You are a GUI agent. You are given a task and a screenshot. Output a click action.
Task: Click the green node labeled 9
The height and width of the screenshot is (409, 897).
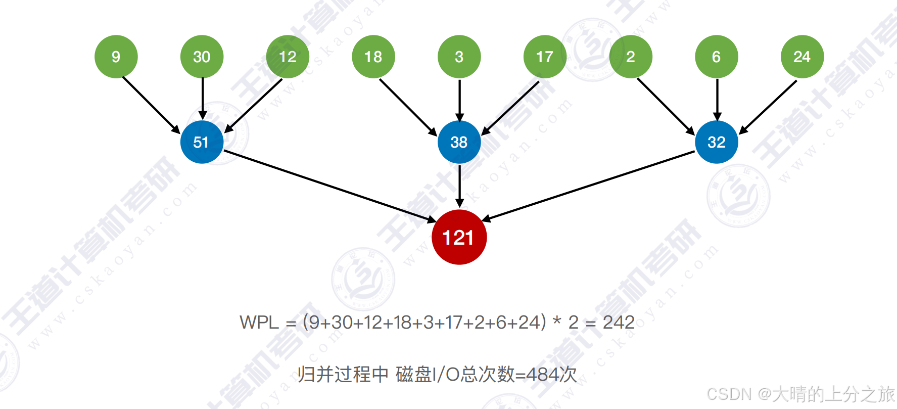click(x=116, y=57)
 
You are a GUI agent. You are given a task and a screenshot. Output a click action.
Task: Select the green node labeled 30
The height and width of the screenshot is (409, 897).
click(x=202, y=57)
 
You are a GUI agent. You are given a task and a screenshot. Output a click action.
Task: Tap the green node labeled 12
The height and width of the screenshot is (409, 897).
click(x=288, y=57)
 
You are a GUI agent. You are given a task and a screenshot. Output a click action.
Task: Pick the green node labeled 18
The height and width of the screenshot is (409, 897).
click(x=373, y=57)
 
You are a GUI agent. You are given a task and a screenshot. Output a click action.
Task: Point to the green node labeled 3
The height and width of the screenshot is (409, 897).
click(x=459, y=57)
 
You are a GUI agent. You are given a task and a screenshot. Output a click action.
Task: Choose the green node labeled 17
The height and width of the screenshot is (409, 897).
click(x=545, y=57)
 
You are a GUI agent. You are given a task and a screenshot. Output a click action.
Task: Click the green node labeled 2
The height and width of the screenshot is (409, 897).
click(x=630, y=57)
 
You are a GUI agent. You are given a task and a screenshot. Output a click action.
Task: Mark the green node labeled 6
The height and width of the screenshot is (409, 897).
click(x=716, y=57)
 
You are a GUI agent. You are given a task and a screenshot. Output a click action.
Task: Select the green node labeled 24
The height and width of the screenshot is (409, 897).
click(x=802, y=57)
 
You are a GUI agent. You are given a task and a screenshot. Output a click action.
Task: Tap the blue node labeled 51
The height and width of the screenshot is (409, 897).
click(x=202, y=142)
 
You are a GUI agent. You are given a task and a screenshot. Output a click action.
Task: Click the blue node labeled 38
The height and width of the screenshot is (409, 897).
click(x=459, y=142)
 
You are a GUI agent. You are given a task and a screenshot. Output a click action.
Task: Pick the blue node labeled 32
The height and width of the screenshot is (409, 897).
click(x=716, y=142)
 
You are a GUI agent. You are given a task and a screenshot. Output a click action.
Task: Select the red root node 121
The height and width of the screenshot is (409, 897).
click(x=459, y=237)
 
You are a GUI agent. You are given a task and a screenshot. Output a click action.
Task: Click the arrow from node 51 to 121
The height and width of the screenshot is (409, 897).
click(x=328, y=186)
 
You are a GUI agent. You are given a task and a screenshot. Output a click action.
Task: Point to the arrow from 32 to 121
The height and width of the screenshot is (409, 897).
click(x=589, y=186)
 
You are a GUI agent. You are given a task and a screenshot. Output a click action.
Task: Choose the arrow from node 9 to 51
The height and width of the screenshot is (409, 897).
click(x=151, y=104)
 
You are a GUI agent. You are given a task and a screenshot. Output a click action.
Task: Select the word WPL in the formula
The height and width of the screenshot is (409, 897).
click(x=259, y=322)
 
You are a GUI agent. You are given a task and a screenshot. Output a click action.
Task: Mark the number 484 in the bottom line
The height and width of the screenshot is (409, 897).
click(x=544, y=375)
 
